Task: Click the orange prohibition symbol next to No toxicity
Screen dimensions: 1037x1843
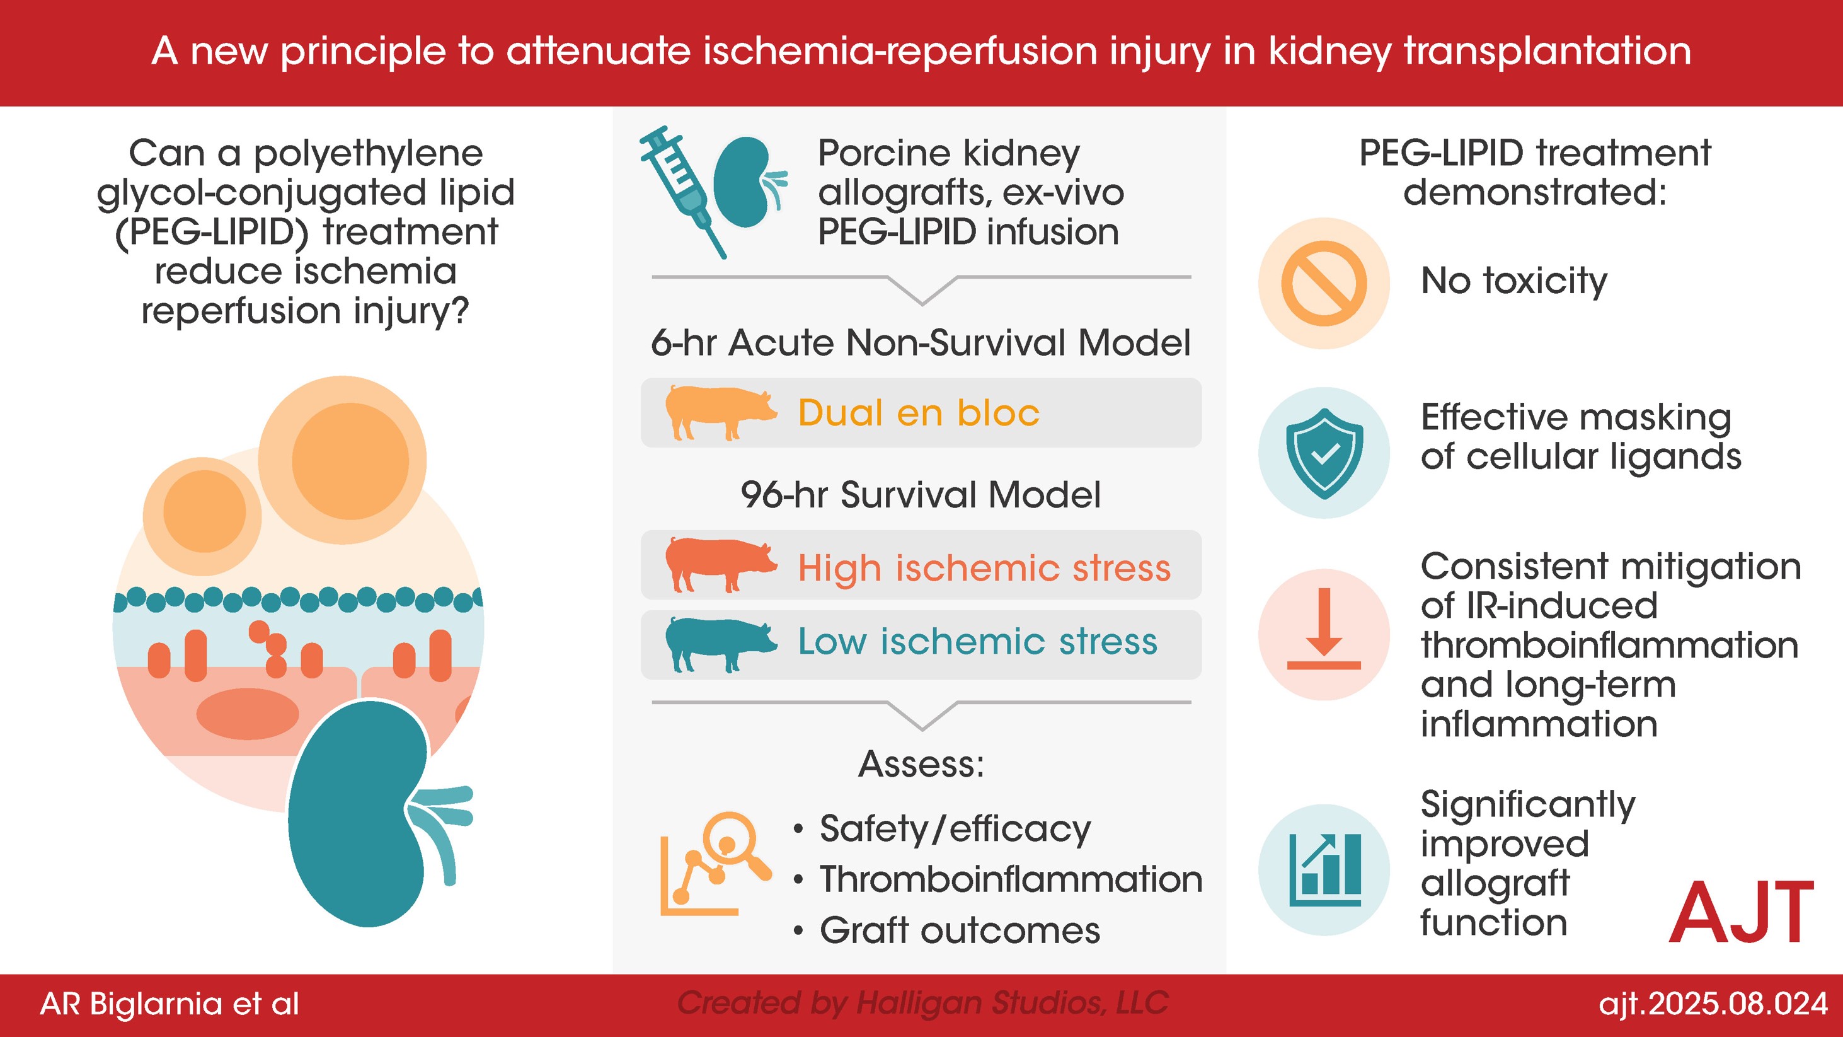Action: pos(1324,284)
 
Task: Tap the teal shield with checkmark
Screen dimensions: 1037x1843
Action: pos(1324,453)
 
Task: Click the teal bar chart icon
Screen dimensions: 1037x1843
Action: pos(1324,869)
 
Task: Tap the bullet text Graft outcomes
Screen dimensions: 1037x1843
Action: pos(960,930)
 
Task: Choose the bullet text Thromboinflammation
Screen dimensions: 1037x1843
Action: pos(1010,879)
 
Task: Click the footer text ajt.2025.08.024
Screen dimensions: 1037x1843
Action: pos(1713,1004)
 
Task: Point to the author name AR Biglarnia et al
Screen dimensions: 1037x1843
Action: pos(169,1004)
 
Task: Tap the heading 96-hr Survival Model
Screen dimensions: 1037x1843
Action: pos(921,494)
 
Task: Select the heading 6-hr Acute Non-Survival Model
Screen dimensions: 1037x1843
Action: pos(921,343)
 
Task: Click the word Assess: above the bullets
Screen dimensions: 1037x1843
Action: pos(921,763)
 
